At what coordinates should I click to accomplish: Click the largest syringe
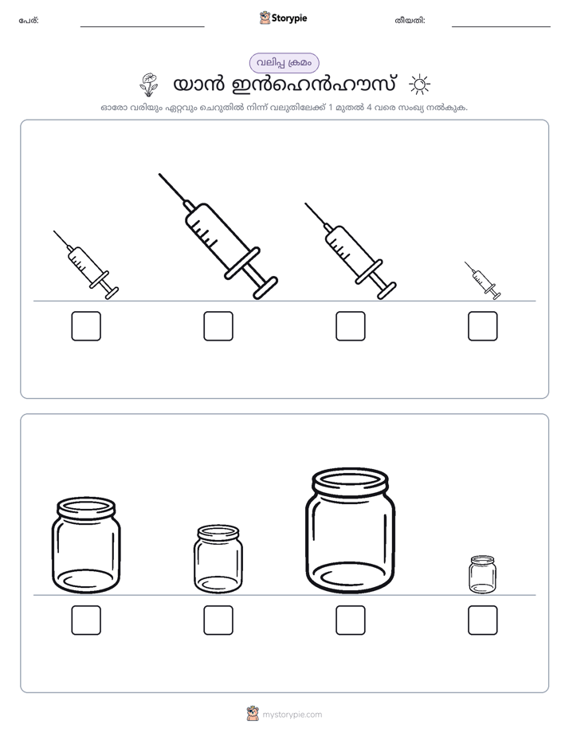(218, 236)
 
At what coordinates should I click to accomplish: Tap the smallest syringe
(483, 281)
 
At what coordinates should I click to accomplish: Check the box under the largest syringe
(218, 326)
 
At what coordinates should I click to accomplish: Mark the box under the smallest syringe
(483, 326)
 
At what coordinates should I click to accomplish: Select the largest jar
(350, 530)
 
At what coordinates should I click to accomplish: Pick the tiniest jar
(483, 574)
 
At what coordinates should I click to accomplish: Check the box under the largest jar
(350, 621)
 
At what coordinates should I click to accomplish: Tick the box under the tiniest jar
(483, 621)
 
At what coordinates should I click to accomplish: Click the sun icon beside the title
(419, 85)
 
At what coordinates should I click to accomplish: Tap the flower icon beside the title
(149, 85)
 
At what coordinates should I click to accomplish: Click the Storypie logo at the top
(284, 18)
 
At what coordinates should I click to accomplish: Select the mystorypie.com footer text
(292, 715)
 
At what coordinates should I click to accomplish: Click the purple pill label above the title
(284, 63)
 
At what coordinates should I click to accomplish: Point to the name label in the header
(29, 21)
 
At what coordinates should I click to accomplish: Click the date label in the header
(410, 21)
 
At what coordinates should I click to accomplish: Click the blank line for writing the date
(501, 27)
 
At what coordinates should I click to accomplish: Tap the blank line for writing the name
(142, 27)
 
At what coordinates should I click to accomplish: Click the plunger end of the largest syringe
(265, 287)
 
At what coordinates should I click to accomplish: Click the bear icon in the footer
(253, 714)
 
